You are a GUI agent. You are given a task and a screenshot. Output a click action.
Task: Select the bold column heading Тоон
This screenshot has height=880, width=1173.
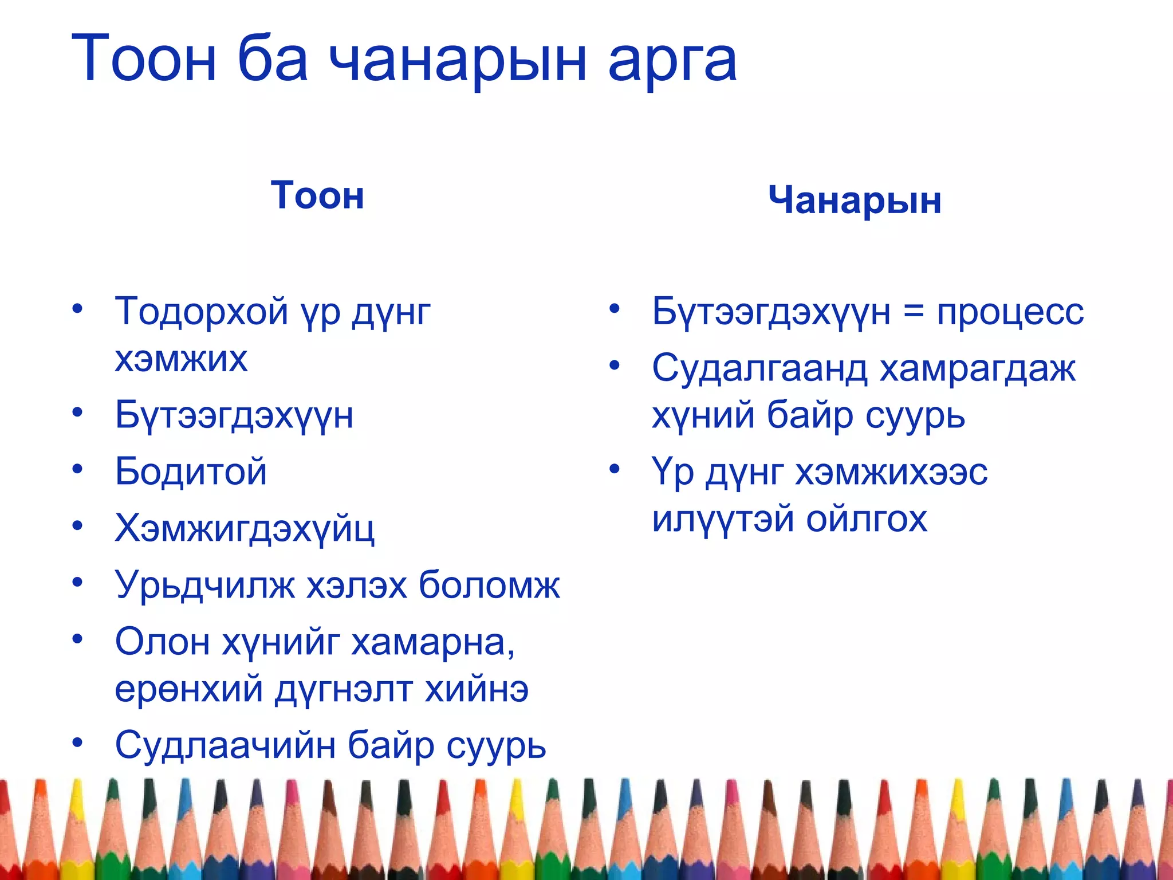pyautogui.click(x=317, y=195)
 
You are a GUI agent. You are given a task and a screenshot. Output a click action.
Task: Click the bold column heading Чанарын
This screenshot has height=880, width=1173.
pyautogui.click(x=855, y=200)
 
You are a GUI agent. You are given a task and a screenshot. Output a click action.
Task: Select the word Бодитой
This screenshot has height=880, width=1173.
pyautogui.click(x=191, y=472)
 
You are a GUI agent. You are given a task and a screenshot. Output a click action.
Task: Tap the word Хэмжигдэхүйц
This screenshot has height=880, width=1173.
pyautogui.click(x=245, y=528)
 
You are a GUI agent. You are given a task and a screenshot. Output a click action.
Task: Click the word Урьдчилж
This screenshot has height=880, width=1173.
pyautogui.click(x=205, y=585)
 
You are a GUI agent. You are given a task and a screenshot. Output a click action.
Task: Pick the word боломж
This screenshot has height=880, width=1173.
pyautogui.click(x=489, y=585)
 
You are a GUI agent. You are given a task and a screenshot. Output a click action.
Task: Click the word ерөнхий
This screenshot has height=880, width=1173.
pyautogui.click(x=189, y=689)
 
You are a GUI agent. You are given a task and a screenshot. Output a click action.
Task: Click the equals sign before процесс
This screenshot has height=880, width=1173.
pyautogui.click(x=914, y=313)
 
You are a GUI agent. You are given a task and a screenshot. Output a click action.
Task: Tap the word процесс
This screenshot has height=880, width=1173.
pyautogui.click(x=1010, y=313)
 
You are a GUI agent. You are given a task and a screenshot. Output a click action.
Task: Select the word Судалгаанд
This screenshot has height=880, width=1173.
pyautogui.click(x=760, y=368)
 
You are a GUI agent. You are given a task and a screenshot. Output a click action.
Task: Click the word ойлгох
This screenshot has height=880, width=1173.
pyautogui.click(x=867, y=518)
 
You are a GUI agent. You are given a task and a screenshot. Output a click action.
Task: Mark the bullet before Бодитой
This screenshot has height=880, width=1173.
pyautogui.click(x=77, y=469)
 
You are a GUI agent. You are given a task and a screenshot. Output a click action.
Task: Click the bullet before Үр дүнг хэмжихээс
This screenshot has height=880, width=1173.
pyautogui.click(x=615, y=469)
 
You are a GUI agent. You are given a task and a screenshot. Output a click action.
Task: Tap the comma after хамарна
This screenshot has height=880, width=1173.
pyautogui.click(x=510, y=653)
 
